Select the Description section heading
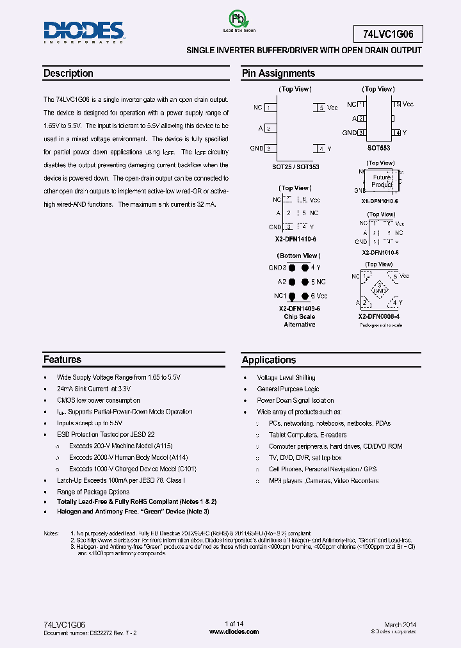click(x=69, y=74)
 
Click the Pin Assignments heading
click(x=278, y=74)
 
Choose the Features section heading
click(x=63, y=360)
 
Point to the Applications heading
click(x=269, y=360)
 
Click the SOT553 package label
click(x=378, y=148)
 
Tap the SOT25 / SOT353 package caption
click(x=296, y=167)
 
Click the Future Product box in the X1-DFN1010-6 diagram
click(x=382, y=181)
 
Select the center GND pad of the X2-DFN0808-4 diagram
click(x=380, y=290)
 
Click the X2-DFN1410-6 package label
click(x=296, y=239)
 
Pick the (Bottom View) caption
click(x=299, y=256)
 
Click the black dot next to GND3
click(x=292, y=268)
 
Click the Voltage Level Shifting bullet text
click(x=286, y=378)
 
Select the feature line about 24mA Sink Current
click(x=94, y=389)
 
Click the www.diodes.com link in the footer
click(x=234, y=632)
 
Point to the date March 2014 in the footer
click(x=401, y=624)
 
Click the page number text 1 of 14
click(x=234, y=624)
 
